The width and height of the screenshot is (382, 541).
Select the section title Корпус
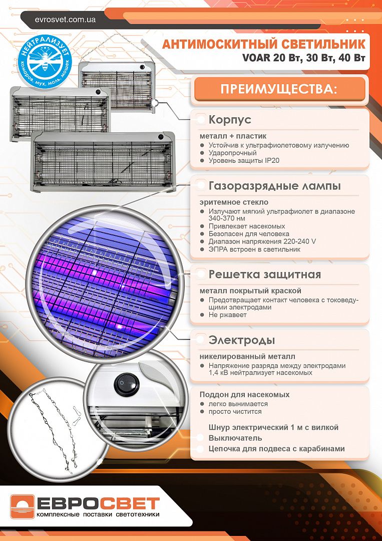coord(230,120)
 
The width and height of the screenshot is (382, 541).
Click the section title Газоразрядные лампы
coord(274,186)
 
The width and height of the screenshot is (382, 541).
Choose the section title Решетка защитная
coord(264,275)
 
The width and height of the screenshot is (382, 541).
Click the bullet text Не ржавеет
coord(228,315)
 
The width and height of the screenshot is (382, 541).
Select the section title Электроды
coord(241,341)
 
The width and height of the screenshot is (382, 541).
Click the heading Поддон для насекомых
coord(244,395)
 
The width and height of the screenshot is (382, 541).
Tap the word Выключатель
coord(236,438)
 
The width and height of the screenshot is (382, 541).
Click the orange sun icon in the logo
coord(23,507)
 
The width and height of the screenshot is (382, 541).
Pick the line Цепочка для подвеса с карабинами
coord(276,449)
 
